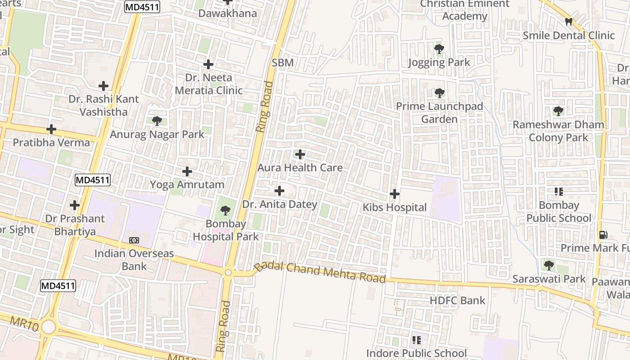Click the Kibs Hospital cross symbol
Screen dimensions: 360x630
point(395,194)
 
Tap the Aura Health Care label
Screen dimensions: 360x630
point(300,168)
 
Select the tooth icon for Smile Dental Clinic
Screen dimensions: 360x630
point(569,22)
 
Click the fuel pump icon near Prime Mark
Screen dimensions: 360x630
point(603,234)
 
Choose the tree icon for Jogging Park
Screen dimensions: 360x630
point(439,49)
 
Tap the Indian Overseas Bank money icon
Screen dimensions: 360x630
point(134,240)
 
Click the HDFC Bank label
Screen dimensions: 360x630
point(457,301)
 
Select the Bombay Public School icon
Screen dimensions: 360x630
point(559,192)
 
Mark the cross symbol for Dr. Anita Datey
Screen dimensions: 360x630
point(279,191)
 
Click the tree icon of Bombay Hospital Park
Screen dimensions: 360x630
point(225,210)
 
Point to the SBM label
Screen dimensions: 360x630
point(283,63)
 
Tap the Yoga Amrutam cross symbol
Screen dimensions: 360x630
point(187,171)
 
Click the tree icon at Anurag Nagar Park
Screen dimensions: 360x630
point(157,121)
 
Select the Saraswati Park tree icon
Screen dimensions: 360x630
point(549,265)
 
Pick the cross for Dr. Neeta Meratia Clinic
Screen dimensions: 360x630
point(208,64)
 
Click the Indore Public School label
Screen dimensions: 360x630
point(416,353)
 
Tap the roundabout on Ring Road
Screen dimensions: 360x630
point(228,273)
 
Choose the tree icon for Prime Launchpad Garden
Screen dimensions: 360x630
point(439,93)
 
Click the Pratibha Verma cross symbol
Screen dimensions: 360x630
point(51,130)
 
